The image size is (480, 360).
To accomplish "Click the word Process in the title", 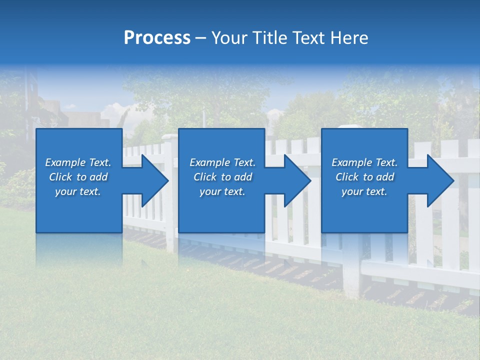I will click(x=157, y=38).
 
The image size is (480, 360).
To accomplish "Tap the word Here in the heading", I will click(x=349, y=38).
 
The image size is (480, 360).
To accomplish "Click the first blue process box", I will click(x=79, y=210).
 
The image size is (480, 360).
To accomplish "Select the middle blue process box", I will click(x=221, y=210).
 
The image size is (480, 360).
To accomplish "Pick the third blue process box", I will click(x=364, y=210).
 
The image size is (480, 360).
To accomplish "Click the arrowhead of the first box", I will click(x=154, y=180).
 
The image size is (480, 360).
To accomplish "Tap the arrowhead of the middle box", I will click(x=297, y=180).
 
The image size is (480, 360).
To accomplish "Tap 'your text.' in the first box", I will click(x=78, y=191).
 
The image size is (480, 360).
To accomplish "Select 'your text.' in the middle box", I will click(x=222, y=191).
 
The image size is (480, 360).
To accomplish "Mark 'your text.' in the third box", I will click(x=364, y=191).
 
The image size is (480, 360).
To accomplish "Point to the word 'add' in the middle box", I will click(x=243, y=177).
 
